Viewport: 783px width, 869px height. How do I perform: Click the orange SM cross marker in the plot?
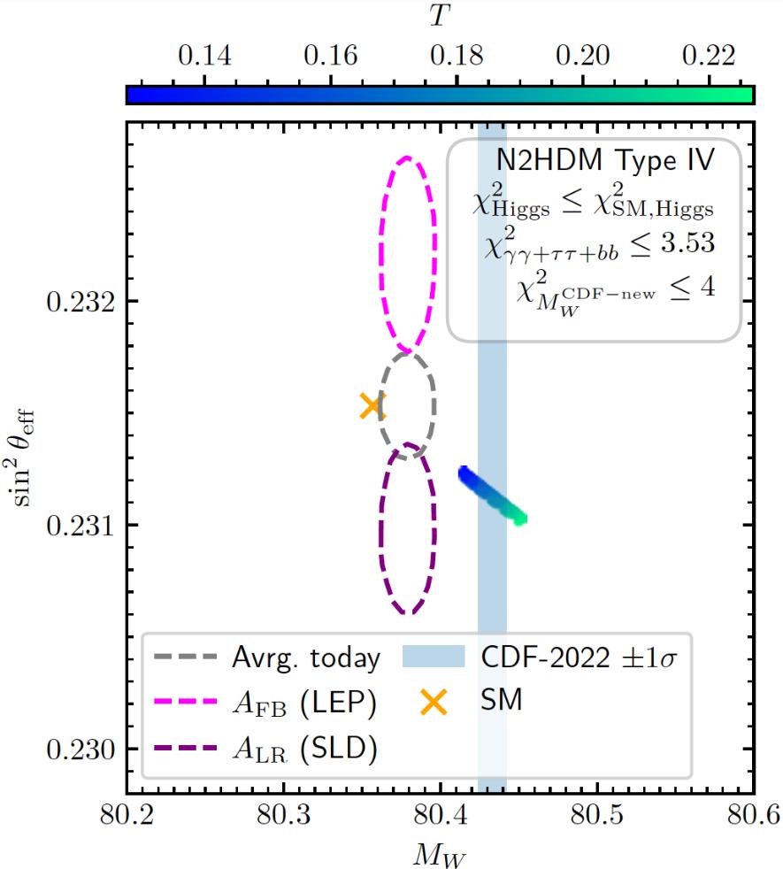click(372, 406)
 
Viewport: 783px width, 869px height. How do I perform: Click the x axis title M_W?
click(440, 854)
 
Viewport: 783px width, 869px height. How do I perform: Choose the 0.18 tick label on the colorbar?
click(457, 57)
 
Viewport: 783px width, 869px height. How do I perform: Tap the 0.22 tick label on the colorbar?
click(708, 57)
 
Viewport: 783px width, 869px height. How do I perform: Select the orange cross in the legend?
click(434, 703)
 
